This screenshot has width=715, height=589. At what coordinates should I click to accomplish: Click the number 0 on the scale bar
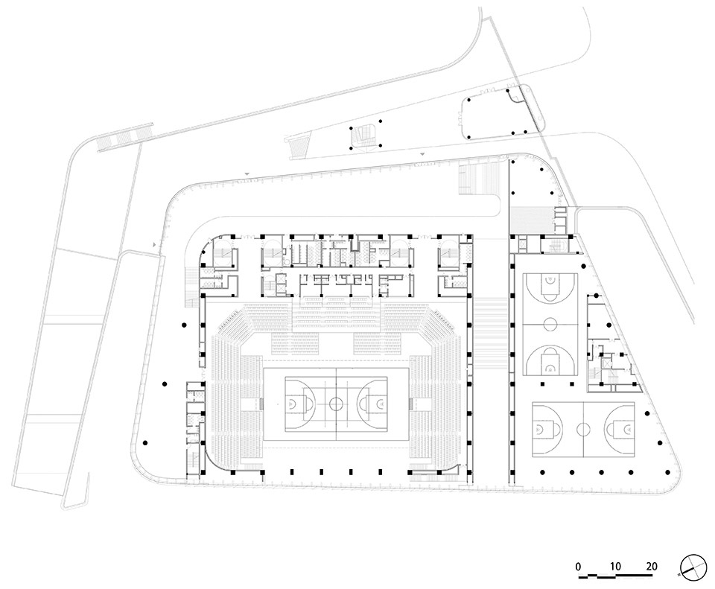578,567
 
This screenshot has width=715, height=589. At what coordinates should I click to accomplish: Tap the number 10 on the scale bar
615,567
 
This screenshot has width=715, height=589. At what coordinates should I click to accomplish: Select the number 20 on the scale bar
652,567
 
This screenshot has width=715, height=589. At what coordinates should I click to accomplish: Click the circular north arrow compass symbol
693,567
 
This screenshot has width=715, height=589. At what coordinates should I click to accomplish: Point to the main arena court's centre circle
336,404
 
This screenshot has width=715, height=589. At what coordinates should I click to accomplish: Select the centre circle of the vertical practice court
550,324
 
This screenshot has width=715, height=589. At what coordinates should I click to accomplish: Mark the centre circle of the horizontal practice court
582,429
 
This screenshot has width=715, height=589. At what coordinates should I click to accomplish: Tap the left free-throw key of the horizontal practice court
548,429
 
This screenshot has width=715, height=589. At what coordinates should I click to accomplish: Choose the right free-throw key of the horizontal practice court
619,429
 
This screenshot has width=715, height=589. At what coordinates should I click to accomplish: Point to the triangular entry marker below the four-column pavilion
422,156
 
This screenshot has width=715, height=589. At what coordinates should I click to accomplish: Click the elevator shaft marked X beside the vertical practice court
606,363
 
